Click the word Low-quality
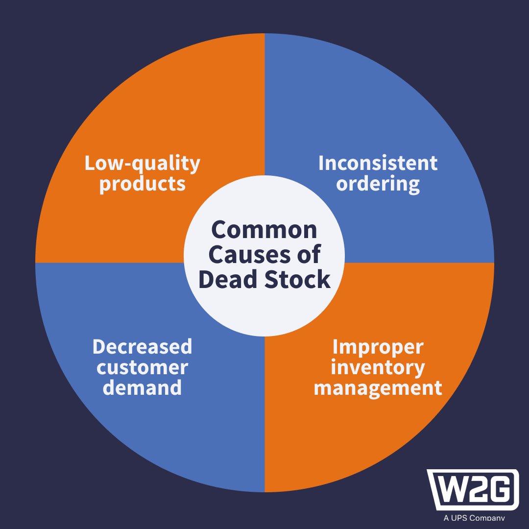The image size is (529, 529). coord(143,164)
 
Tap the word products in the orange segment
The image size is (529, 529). coord(143,184)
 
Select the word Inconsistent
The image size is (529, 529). coord(378,163)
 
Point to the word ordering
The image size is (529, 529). coord(378,184)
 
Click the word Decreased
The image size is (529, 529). coord(142,347)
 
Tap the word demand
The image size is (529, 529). coord(143,388)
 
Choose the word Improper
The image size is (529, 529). coord(378,347)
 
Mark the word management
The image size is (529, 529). coord(378,388)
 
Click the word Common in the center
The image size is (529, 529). coord(264,230)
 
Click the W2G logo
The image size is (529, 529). coord(473,490)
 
